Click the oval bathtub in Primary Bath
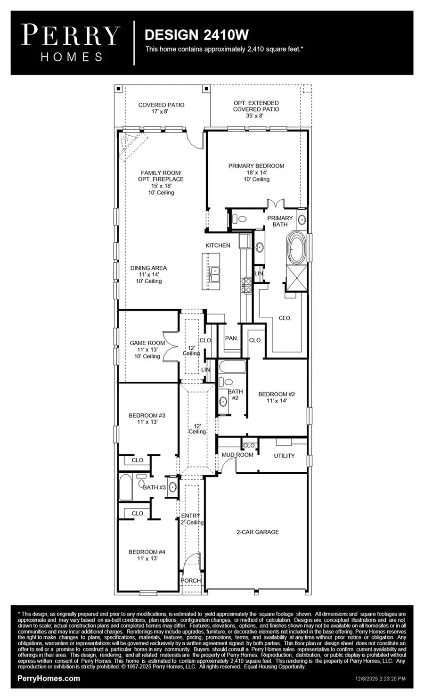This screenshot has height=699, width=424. click(297, 248)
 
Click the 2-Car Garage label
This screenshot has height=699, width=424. click(257, 532)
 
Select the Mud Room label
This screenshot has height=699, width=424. click(237, 454)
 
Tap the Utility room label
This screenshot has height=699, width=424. click(284, 455)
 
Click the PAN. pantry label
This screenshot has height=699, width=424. click(231, 338)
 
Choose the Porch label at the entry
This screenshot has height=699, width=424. click(191, 580)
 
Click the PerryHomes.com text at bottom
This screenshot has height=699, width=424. click(49, 678)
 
